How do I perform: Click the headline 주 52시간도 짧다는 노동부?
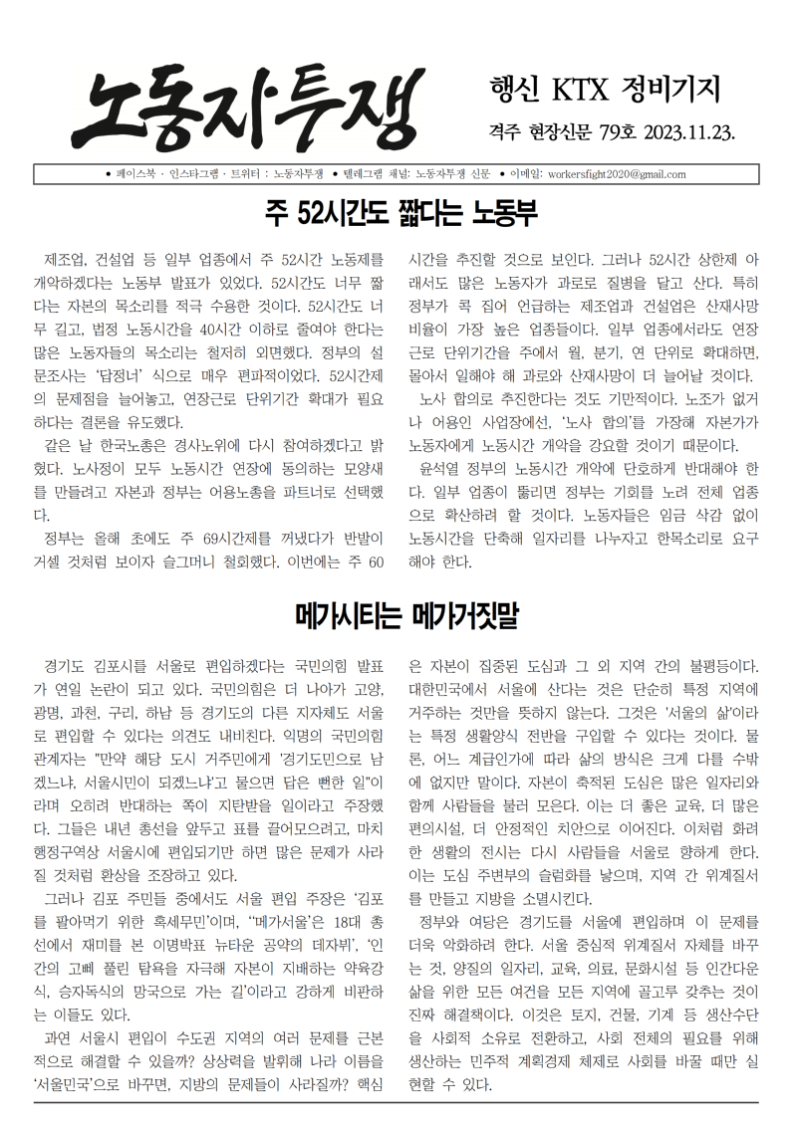tap(398, 212)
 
